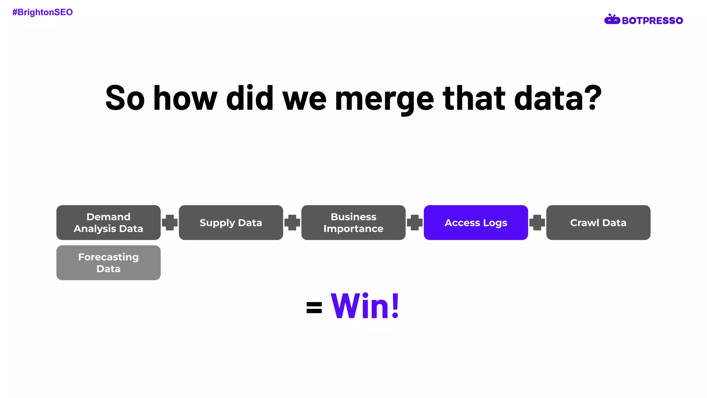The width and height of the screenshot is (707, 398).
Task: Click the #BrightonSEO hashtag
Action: point(42,12)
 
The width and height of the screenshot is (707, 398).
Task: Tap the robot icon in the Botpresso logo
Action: point(612,20)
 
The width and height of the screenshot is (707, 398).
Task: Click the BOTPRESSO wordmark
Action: point(652,21)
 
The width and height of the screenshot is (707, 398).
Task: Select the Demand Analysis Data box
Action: point(108,222)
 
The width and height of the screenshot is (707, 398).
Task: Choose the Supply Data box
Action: point(231,222)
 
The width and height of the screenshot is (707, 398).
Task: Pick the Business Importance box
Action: point(353,222)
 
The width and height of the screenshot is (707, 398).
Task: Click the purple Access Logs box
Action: point(476,222)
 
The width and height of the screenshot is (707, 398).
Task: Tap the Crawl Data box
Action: point(598,222)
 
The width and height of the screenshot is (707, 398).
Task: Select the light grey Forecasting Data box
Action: point(108,263)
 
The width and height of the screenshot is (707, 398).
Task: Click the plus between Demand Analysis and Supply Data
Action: point(170,222)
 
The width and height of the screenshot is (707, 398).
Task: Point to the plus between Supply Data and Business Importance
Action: point(292,222)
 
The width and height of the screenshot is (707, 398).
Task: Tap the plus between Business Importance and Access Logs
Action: point(415,222)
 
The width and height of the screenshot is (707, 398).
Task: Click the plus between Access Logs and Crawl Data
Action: point(537,222)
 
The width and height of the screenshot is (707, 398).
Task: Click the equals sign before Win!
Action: point(314,307)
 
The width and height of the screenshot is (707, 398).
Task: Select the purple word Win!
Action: point(365,306)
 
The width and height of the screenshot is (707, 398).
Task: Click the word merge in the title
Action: point(384,99)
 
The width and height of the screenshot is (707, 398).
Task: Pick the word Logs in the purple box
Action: point(495,223)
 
